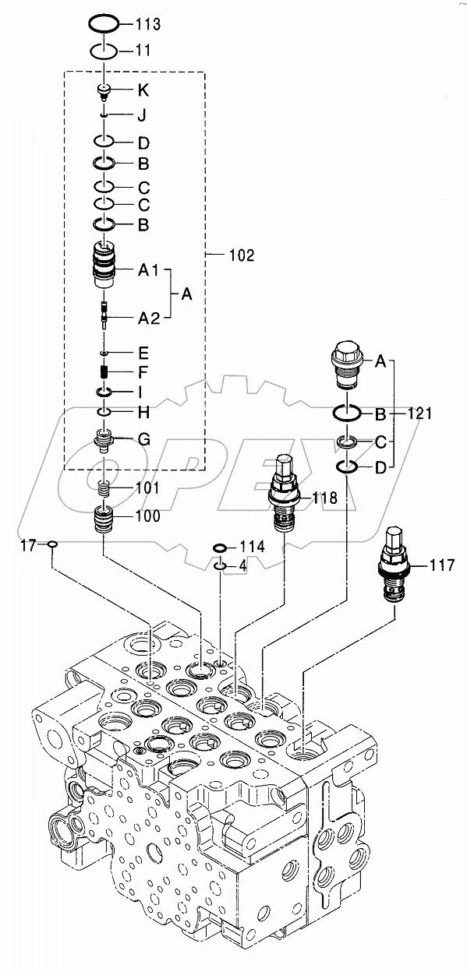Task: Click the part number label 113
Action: point(147,25)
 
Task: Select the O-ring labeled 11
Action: point(104,51)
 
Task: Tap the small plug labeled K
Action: point(104,92)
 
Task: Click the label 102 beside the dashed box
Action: point(241,255)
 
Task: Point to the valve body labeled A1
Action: point(104,267)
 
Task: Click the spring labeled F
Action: point(104,372)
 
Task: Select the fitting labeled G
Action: point(104,441)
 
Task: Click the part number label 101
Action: point(147,489)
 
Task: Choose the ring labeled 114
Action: point(221,548)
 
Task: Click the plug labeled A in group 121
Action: point(348,365)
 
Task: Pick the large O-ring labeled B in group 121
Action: point(348,413)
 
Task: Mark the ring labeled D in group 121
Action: point(348,467)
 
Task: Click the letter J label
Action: point(142,116)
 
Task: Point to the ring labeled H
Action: point(104,410)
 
